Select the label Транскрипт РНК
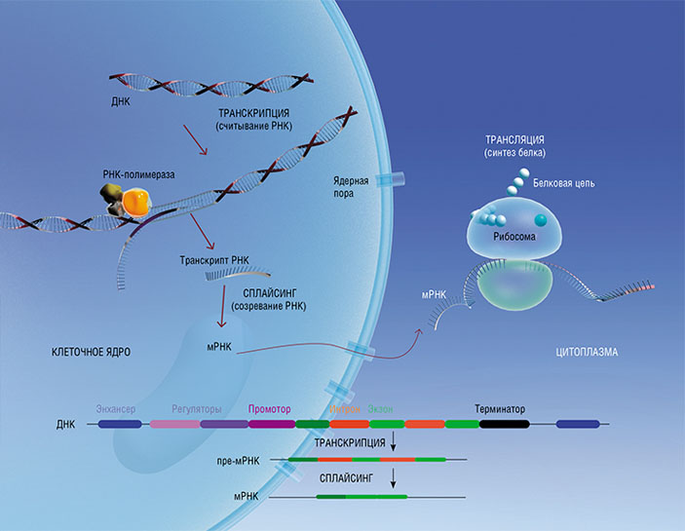(x=215, y=261)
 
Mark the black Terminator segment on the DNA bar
(x=504, y=424)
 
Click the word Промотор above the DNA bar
(x=270, y=408)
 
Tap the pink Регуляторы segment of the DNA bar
(x=173, y=424)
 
